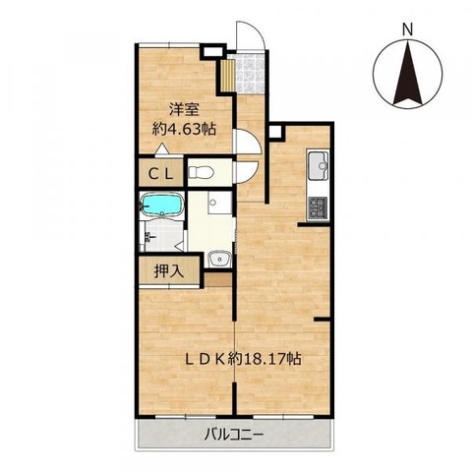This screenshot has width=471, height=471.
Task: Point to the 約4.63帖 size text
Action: pos(185,129)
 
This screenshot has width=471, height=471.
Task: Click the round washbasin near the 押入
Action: pos(218,260)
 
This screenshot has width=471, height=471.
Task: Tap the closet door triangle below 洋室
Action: pos(164,149)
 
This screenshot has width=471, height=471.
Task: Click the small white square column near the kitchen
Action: pos(275,129)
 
